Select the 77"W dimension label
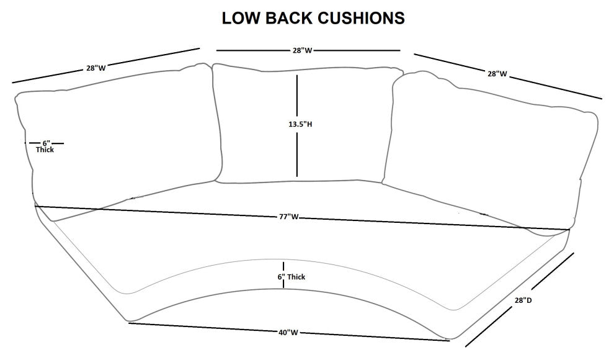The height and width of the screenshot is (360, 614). click(290, 217)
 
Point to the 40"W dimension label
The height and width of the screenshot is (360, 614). click(288, 333)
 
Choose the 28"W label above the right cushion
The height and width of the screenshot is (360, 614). click(497, 74)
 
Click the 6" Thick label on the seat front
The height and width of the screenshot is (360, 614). click(291, 277)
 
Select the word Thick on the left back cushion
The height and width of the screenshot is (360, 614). click(45, 150)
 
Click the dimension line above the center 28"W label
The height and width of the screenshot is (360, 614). click(248, 50)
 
